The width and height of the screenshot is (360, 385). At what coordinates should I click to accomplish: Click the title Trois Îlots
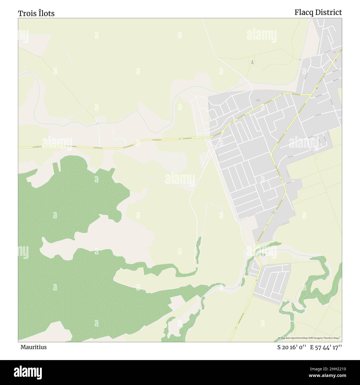click(x=36, y=13)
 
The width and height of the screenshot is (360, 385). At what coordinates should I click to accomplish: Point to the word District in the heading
click(x=329, y=12)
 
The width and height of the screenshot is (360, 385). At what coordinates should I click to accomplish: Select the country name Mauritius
click(x=33, y=347)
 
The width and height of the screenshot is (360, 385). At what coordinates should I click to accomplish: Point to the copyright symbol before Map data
click(x=279, y=338)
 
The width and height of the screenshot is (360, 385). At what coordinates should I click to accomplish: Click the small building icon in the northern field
click(x=252, y=61)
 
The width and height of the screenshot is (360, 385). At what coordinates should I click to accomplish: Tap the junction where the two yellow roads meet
click(x=310, y=95)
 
